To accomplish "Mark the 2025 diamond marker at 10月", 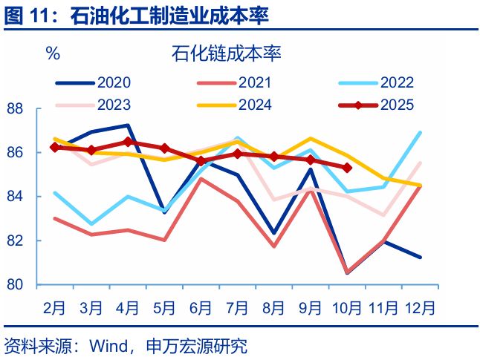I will click(x=347, y=168).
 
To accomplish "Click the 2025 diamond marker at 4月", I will click(x=128, y=141).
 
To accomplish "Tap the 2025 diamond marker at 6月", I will click(x=201, y=160).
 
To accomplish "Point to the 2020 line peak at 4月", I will click(x=128, y=125).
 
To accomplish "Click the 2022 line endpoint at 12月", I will click(x=421, y=133).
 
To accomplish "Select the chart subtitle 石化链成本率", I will click(x=226, y=53).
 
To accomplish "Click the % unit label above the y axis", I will click(x=53, y=53).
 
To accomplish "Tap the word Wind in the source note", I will click(x=107, y=346).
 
